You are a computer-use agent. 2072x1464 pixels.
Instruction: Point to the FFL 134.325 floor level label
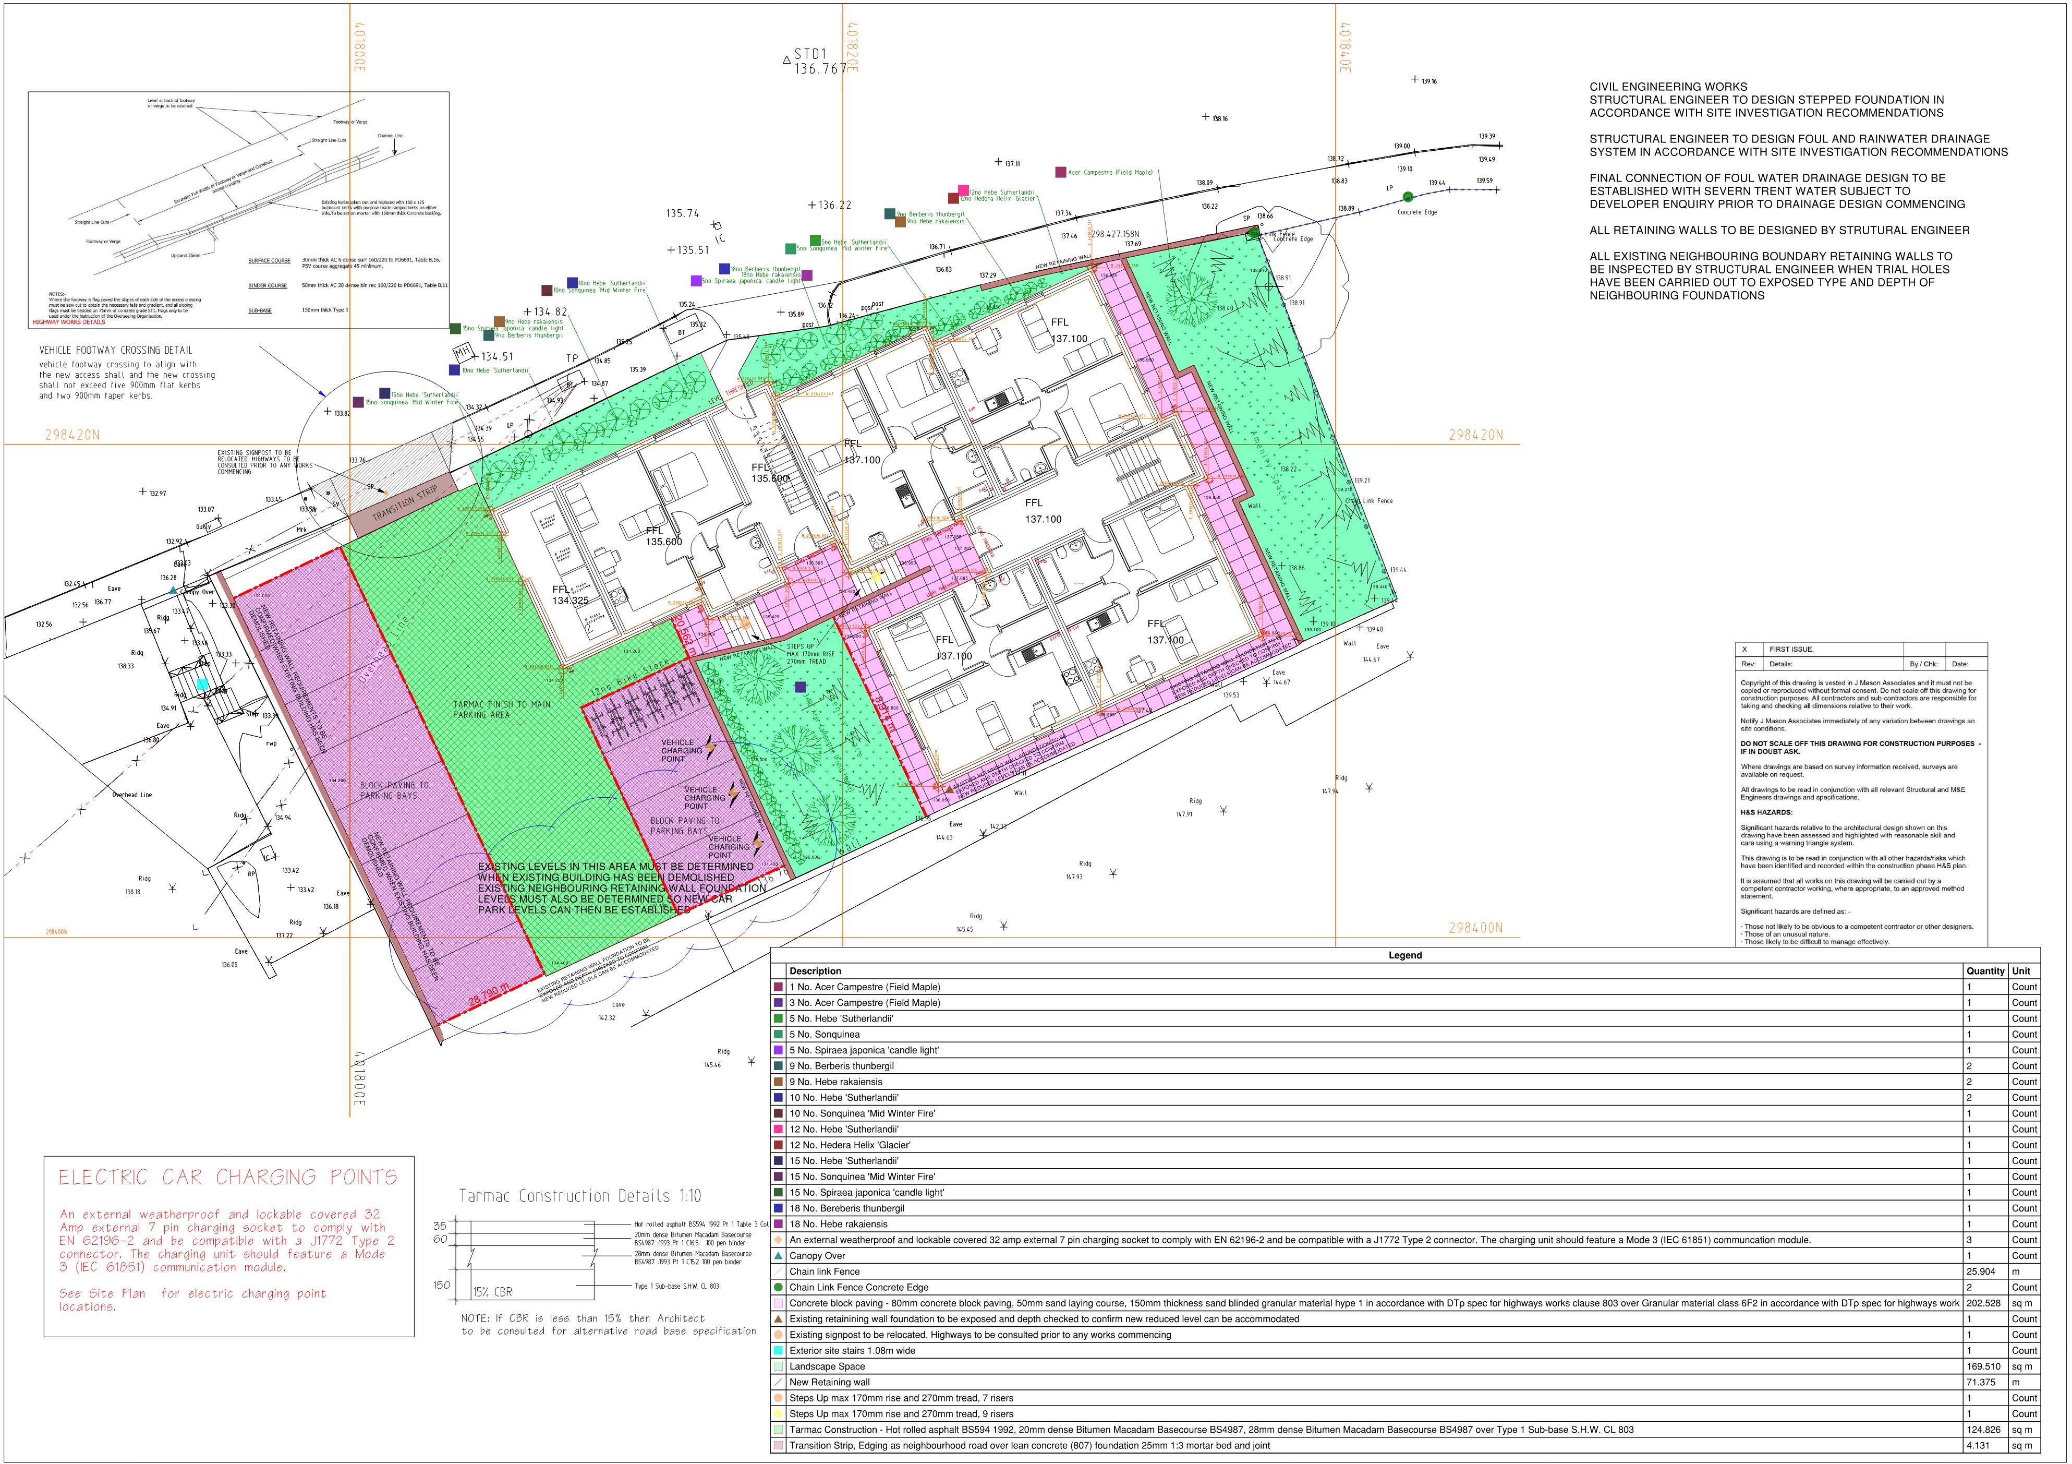tap(571, 595)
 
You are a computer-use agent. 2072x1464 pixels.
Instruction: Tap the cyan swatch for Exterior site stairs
tap(778, 1351)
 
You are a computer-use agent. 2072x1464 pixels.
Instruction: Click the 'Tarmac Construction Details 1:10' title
tap(579, 1196)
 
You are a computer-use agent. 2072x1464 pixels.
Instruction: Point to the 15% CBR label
tap(493, 1292)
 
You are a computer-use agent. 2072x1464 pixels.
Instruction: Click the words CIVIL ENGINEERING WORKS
tap(1668, 87)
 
